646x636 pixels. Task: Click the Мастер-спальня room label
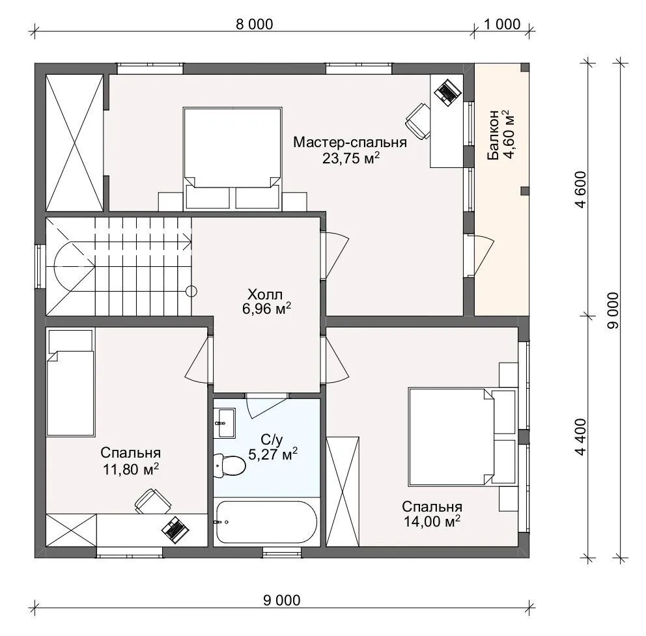tap(350, 143)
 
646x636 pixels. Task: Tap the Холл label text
tap(265, 294)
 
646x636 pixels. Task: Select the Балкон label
tap(493, 135)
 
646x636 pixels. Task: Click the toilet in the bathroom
tap(229, 465)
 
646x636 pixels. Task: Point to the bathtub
tap(266, 522)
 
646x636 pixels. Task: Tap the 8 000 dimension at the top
tap(254, 24)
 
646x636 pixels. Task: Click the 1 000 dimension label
tap(502, 24)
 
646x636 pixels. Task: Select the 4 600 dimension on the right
tap(581, 189)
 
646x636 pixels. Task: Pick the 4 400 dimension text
tap(581, 437)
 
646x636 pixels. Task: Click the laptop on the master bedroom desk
tap(447, 91)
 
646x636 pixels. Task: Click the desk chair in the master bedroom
tap(418, 122)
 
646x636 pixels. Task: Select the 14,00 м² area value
tap(432, 521)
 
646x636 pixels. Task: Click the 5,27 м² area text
tap(273, 454)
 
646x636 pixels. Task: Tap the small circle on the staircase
tap(191, 292)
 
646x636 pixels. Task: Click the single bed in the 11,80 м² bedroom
tap(70, 382)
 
